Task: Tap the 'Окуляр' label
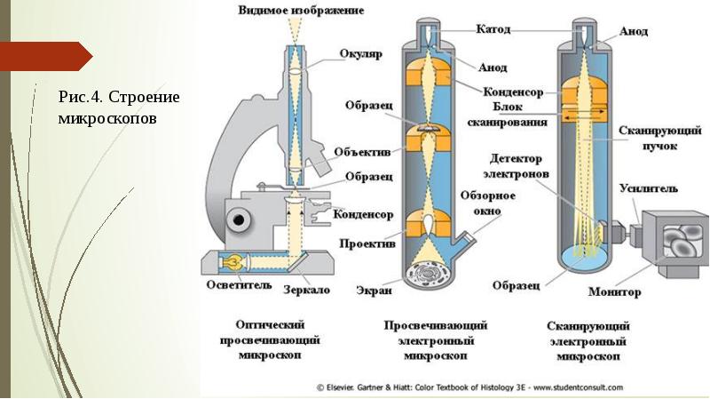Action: point(359,53)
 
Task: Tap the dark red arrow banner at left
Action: point(44,56)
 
